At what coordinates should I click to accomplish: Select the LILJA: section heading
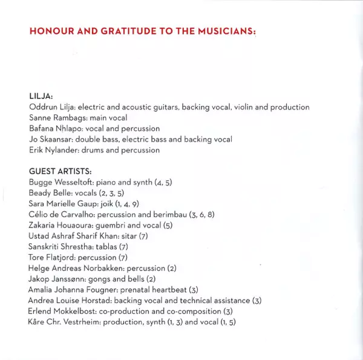click(x=41, y=96)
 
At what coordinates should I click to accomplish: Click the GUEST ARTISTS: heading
click(x=60, y=171)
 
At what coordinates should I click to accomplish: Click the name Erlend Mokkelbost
click(x=64, y=312)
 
